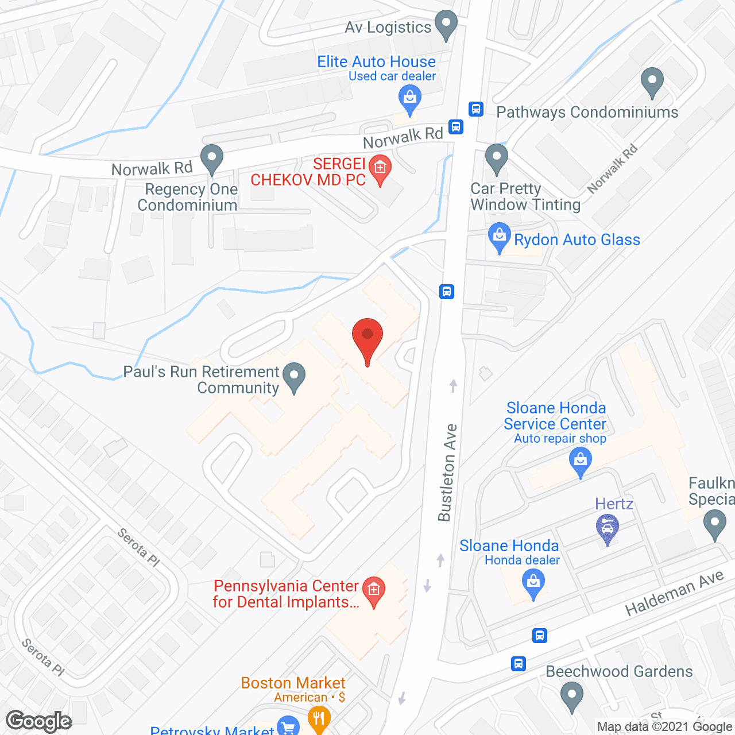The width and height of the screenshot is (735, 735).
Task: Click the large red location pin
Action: click(367, 339)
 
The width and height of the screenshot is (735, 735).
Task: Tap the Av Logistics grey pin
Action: click(446, 25)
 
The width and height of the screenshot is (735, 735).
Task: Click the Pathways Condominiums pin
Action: click(652, 82)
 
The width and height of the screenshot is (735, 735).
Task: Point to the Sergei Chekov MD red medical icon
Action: click(380, 168)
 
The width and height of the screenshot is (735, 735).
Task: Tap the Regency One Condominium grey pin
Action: click(212, 158)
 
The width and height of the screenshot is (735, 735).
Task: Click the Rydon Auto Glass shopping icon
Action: click(499, 237)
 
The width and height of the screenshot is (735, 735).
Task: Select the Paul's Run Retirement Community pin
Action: click(294, 377)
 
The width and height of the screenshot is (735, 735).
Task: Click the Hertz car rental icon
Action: click(608, 528)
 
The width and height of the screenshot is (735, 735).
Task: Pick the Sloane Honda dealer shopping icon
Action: click(533, 583)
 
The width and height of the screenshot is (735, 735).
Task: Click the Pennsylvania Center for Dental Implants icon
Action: click(374, 591)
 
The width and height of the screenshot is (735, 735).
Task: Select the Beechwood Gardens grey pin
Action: click(571, 695)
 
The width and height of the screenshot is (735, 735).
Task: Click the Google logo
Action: click(39, 721)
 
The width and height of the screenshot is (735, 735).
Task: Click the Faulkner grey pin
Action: click(714, 525)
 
